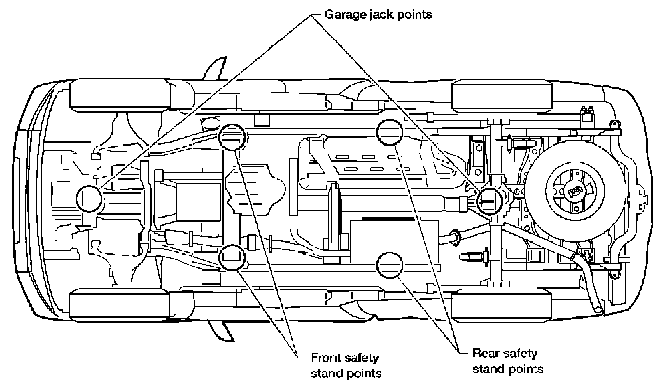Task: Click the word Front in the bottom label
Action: [x=323, y=358]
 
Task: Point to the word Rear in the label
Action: [x=484, y=353]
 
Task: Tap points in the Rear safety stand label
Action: [x=526, y=369]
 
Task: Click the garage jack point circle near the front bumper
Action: [x=89, y=199]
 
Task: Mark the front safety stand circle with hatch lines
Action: [x=232, y=137]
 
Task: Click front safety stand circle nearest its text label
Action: [x=232, y=257]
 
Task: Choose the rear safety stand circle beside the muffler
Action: [x=389, y=265]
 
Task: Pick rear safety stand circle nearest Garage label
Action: [x=389, y=132]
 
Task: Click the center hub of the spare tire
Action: [x=575, y=191]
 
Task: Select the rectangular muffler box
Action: [x=395, y=242]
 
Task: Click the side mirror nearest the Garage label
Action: [x=215, y=68]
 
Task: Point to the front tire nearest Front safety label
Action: [x=120, y=306]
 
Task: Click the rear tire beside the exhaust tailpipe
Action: [x=501, y=306]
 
